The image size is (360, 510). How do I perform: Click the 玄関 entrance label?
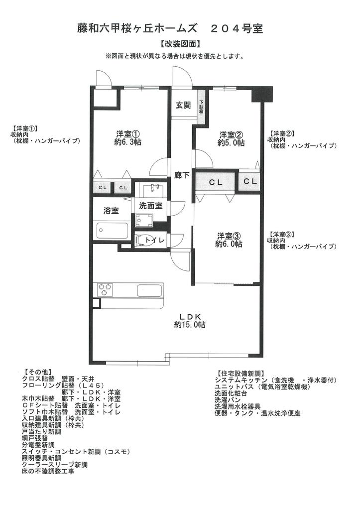(183, 105)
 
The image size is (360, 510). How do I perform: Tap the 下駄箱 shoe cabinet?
(202, 106)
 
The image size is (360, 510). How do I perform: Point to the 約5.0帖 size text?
(231, 142)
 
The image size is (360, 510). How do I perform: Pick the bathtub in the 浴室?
(112, 231)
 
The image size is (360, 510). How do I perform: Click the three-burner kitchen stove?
(105, 289)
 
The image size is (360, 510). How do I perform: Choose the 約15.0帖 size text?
(189, 324)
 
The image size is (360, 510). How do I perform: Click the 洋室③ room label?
(229, 236)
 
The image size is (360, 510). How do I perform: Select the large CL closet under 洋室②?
(215, 182)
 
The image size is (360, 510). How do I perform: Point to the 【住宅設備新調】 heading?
(239, 373)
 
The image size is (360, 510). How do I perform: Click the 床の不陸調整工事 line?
(48, 471)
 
